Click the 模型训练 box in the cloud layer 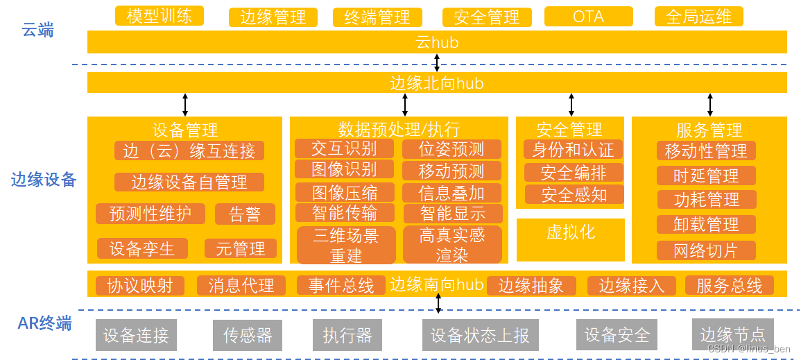click(x=160, y=16)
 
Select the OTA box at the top click(x=588, y=17)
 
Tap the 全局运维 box click(x=698, y=17)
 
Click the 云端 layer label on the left click(x=37, y=31)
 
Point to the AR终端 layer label click(x=44, y=323)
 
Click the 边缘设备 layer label click(x=43, y=180)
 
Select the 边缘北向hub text click(x=436, y=83)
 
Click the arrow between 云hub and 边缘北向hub click(x=437, y=62)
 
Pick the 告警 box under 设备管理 click(x=245, y=214)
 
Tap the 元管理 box click(x=240, y=248)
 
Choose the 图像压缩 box click(x=345, y=192)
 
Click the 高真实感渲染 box click(x=452, y=245)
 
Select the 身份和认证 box click(x=573, y=149)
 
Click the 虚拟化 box click(x=570, y=232)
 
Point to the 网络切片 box click(x=706, y=250)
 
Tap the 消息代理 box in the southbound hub click(x=241, y=285)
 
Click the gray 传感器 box click(x=247, y=336)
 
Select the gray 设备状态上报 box click(x=480, y=336)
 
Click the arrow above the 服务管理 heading click(x=709, y=104)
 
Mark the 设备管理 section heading click(x=184, y=130)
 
